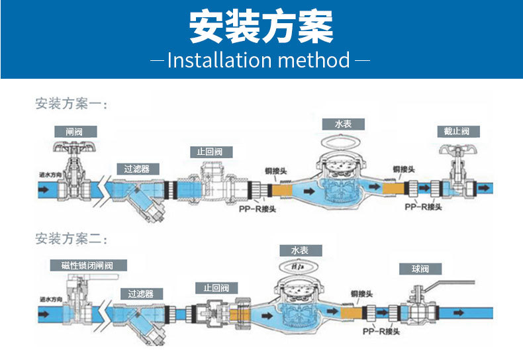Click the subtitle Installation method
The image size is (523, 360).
tap(259, 60)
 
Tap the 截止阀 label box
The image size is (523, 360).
tap(457, 131)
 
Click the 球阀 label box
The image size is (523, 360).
tap(420, 269)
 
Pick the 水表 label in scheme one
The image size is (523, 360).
tap(342, 124)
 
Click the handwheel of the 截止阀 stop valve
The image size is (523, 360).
tap(456, 148)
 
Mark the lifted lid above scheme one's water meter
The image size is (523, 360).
tap(342, 140)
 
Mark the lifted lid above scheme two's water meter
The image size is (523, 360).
tap(299, 265)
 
